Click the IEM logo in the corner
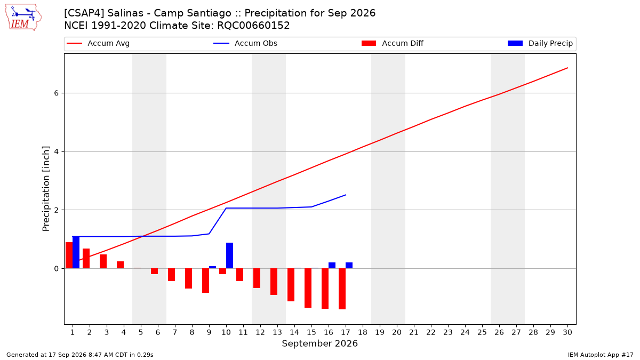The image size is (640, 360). [23, 17]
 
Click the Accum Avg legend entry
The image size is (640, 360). [98, 43]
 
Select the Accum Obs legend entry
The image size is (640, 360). [245, 43]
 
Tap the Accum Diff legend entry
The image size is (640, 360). [393, 43]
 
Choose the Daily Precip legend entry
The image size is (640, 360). [540, 43]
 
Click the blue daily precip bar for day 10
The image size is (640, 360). [229, 255]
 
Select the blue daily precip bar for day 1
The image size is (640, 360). [76, 253]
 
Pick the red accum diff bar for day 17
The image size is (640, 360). [342, 289]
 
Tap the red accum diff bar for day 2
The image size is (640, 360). [86, 259]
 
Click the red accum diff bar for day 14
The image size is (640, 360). [291, 285]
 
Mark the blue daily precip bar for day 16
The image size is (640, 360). [332, 266]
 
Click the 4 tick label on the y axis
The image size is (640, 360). [57, 151]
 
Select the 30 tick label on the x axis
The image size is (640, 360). [567, 332]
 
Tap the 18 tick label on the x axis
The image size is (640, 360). [363, 332]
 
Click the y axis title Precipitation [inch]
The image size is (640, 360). [46, 189]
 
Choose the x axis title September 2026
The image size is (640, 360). [319, 343]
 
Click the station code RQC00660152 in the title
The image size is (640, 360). [253, 26]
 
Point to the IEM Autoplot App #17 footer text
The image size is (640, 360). [601, 355]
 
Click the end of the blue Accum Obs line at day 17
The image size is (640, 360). [346, 195]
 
